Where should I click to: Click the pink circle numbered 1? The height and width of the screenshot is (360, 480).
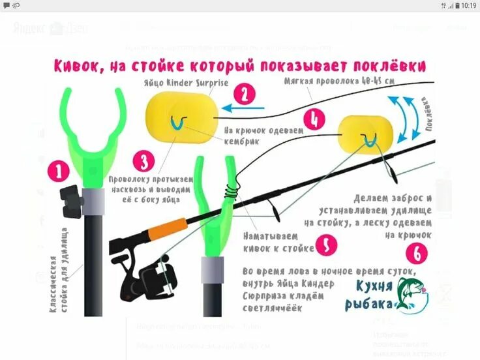pos(59,172)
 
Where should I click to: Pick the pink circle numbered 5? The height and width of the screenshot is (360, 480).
pos(325,245)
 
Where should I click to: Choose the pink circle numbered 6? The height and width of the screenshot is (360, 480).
pos(417,253)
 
